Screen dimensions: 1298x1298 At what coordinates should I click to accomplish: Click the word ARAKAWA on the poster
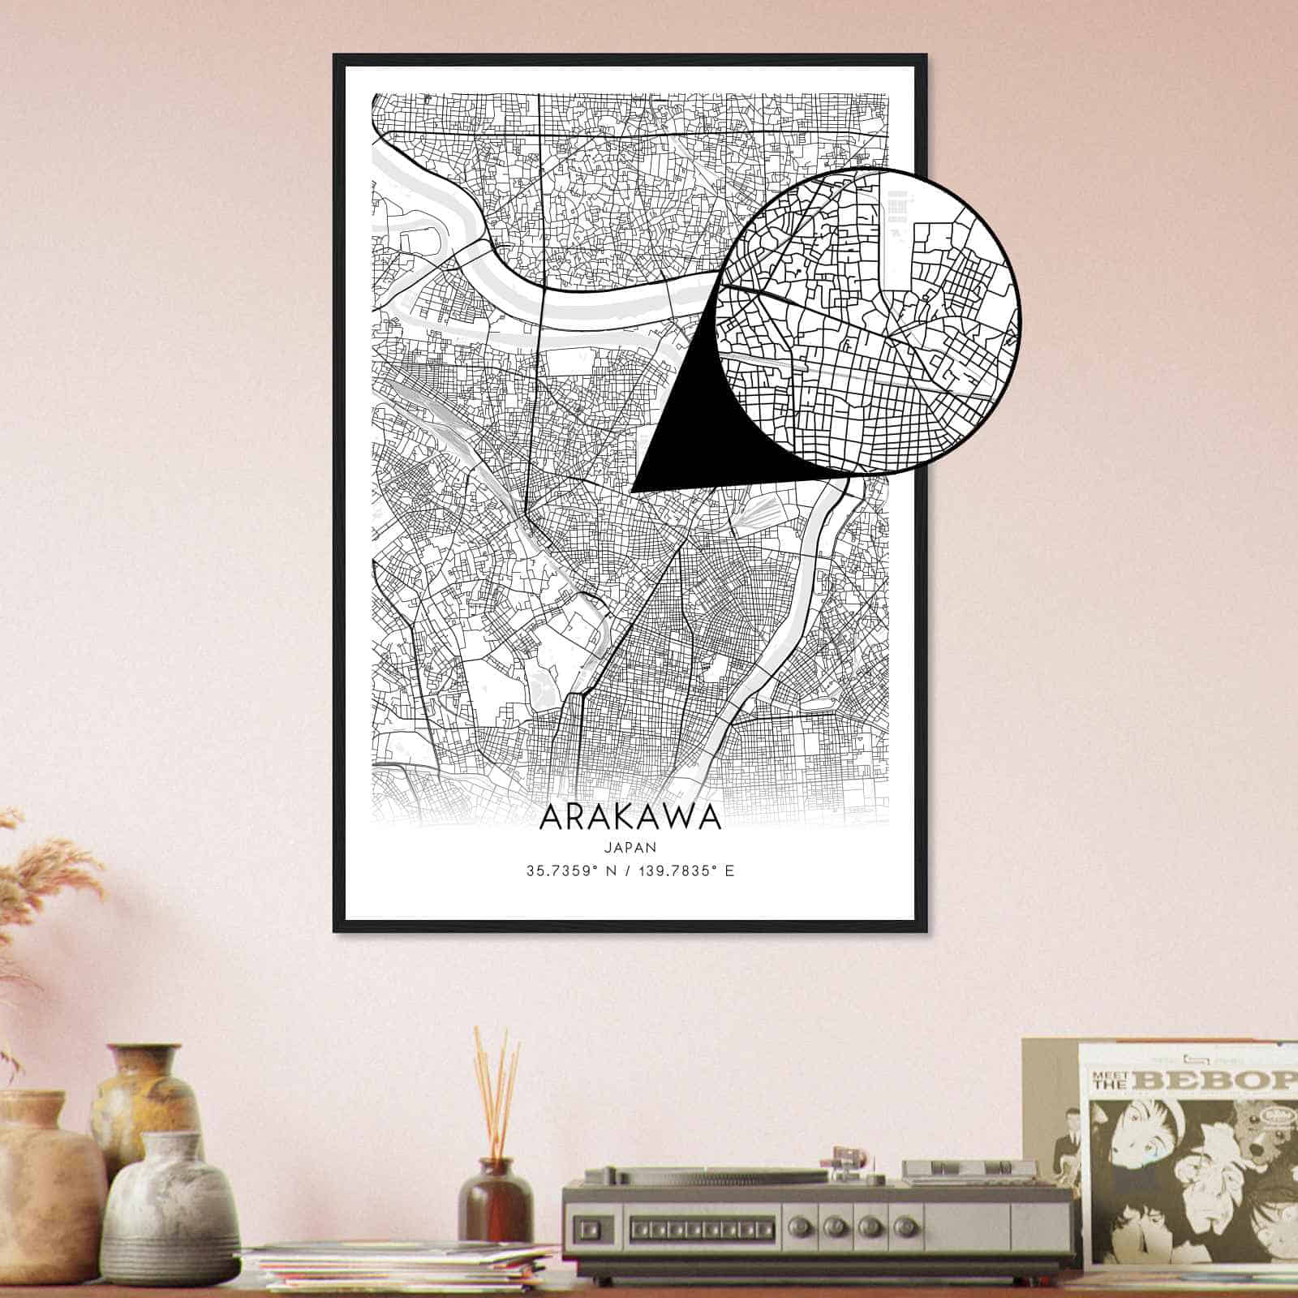tap(630, 816)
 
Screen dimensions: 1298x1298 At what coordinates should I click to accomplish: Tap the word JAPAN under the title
tap(630, 847)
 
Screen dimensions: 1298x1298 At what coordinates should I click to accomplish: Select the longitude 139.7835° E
tap(689, 872)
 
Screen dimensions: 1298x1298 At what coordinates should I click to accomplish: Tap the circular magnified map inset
tap(868, 320)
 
